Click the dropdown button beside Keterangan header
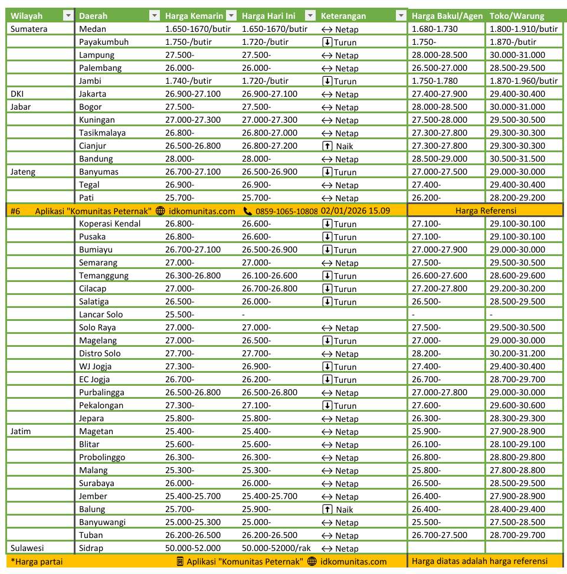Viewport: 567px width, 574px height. pyautogui.click(x=401, y=16)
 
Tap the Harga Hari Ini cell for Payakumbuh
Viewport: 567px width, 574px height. pyautogui.click(x=265, y=42)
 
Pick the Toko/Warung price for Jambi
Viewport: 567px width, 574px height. pyautogui.click(x=523, y=81)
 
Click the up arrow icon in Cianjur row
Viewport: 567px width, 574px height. pyautogui.click(x=326, y=146)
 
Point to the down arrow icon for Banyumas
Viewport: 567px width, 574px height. pyautogui.click(x=326, y=172)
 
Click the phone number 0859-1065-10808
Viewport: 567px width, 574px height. pyautogui.click(x=287, y=211)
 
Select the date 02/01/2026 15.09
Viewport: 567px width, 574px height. pyautogui.click(x=355, y=211)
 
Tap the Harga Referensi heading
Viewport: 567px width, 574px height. pyautogui.click(x=486, y=211)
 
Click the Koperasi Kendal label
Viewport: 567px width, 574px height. pyautogui.click(x=110, y=224)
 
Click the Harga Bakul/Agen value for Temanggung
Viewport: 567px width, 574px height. pyautogui.click(x=440, y=275)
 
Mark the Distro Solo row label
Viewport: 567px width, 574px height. pyautogui.click(x=100, y=353)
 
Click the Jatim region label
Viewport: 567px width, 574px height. pyautogui.click(x=21, y=431)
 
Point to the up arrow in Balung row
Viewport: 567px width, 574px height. pyautogui.click(x=326, y=509)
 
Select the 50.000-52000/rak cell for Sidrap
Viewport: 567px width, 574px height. pyautogui.click(x=276, y=548)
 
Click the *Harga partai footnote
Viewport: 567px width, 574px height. pyautogui.click(x=37, y=562)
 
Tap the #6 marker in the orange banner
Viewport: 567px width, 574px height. pyautogui.click(x=16, y=211)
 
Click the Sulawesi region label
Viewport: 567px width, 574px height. pyautogui.click(x=27, y=548)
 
